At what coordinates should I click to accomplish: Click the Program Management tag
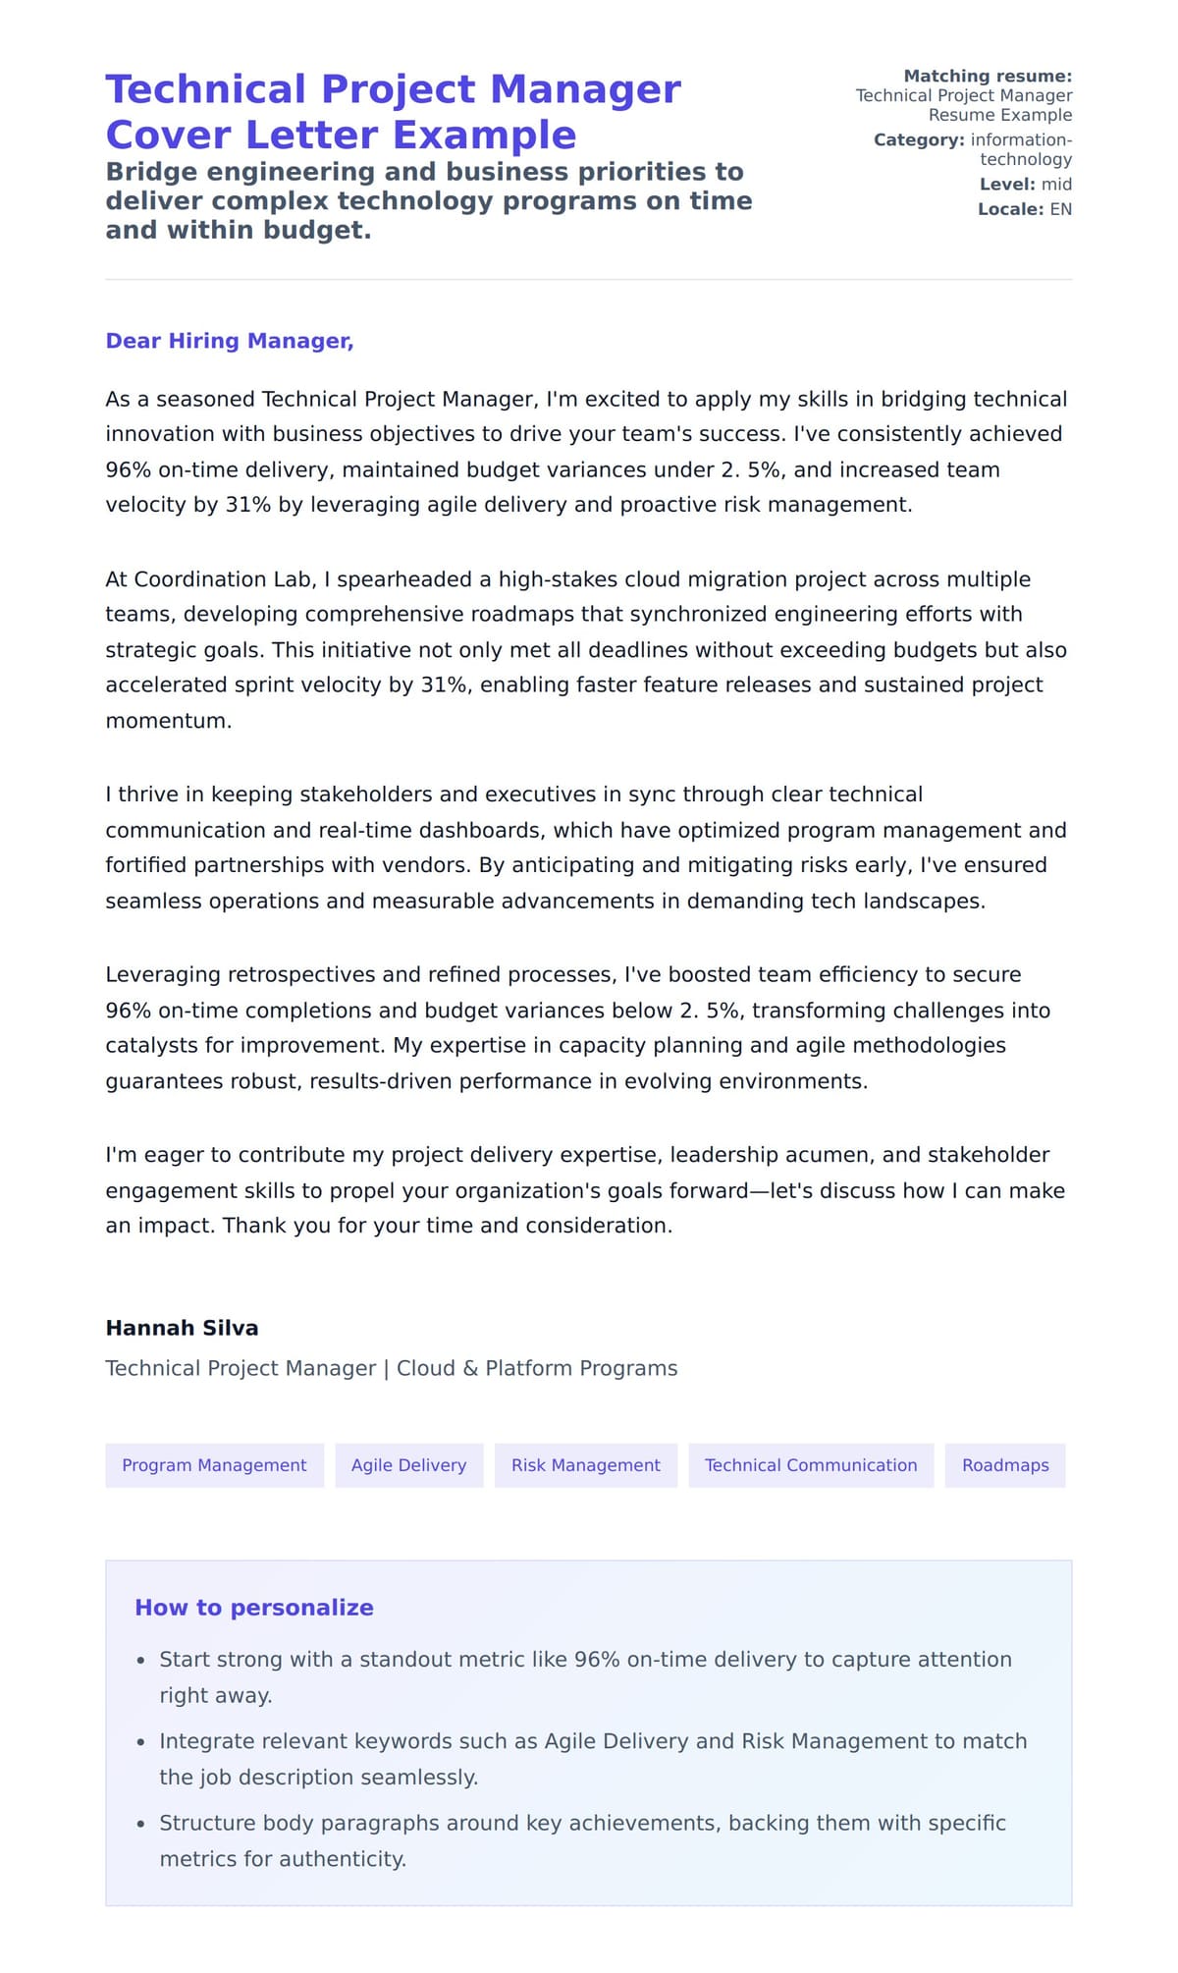coord(214,1464)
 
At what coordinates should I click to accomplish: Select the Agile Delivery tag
coord(408,1464)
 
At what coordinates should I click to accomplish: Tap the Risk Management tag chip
coord(585,1464)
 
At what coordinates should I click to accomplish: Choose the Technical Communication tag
coord(810,1464)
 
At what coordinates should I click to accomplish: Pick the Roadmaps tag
coord(1004,1464)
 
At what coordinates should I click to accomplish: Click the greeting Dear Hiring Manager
coord(229,341)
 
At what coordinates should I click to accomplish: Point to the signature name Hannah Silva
coord(182,1328)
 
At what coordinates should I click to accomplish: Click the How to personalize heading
coord(253,1608)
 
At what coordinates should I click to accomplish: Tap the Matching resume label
coord(987,76)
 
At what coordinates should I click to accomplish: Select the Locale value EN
coord(1060,209)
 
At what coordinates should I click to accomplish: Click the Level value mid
coord(1056,185)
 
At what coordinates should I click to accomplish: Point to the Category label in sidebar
coord(918,139)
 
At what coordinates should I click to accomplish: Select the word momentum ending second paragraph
coord(167,721)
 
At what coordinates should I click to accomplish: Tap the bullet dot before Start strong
coord(140,1661)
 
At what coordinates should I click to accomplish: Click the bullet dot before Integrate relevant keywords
coord(140,1742)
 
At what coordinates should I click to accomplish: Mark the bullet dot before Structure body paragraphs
coord(140,1824)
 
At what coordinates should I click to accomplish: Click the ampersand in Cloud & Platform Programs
coord(470,1368)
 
